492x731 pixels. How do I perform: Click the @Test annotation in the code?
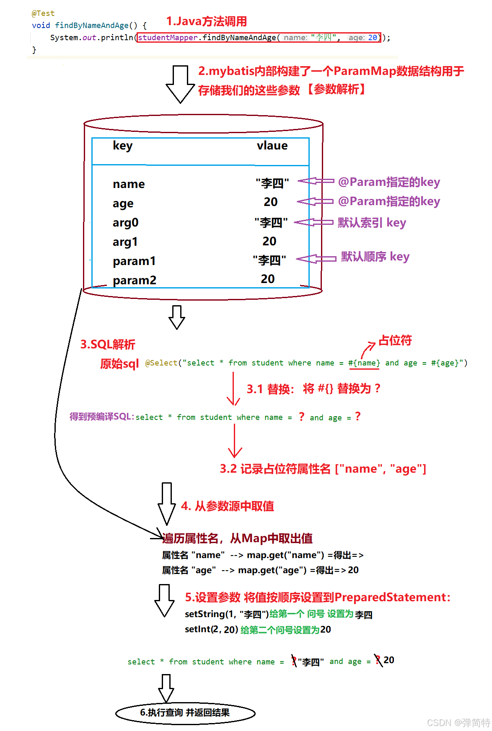click(43, 13)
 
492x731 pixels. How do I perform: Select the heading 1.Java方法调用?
click(206, 21)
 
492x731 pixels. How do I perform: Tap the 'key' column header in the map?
click(122, 146)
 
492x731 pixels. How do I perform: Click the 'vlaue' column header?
click(272, 146)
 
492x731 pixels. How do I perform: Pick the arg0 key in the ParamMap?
click(125, 223)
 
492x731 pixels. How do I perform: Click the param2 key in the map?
click(134, 280)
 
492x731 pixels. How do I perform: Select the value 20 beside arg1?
click(269, 241)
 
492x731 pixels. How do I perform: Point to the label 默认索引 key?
click(372, 223)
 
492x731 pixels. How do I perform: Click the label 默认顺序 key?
click(375, 257)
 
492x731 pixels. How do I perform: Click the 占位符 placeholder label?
click(395, 340)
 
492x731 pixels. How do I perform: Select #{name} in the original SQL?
click(364, 363)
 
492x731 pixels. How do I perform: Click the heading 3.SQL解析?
click(108, 345)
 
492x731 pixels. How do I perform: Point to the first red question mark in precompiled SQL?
click(301, 417)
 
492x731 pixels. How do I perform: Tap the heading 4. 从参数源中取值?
click(228, 506)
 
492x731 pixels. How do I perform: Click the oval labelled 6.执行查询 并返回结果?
click(185, 713)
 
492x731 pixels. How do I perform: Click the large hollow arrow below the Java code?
click(180, 84)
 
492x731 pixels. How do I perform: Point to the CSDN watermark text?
click(458, 723)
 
